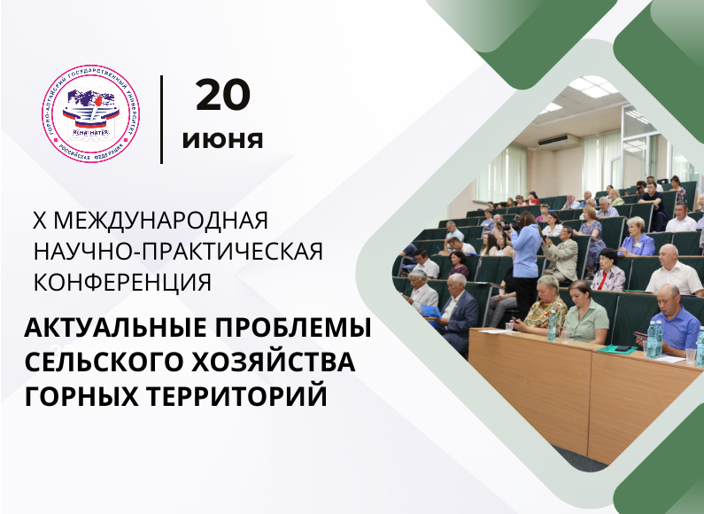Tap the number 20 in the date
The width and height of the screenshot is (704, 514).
coord(223,96)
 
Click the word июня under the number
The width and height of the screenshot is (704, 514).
coord(223,140)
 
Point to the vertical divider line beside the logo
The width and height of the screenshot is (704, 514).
coord(161,120)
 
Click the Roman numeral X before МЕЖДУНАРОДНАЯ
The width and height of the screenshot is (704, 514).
coord(38,220)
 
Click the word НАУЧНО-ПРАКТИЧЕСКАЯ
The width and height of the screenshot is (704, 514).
coord(178,251)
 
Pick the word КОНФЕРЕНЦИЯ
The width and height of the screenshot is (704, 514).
coord(122,282)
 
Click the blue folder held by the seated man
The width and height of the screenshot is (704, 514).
coord(431,312)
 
